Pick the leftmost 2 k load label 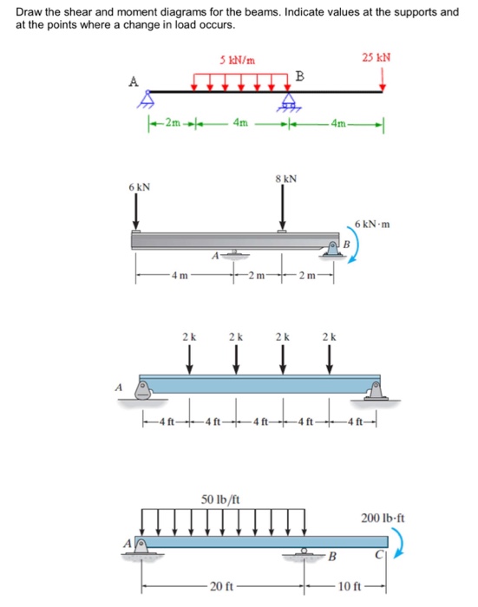[188, 335]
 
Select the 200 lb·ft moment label [383, 519]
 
